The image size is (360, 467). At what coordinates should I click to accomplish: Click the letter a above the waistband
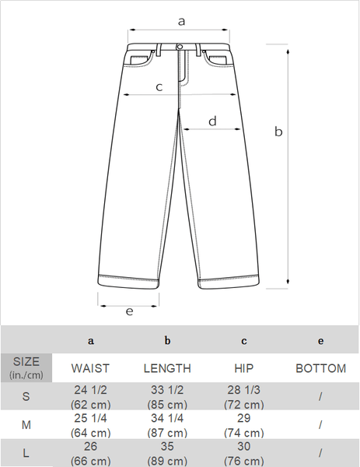click(181, 22)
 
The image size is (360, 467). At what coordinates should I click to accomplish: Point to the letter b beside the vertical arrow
click(278, 132)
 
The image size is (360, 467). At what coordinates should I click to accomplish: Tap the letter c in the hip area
click(159, 87)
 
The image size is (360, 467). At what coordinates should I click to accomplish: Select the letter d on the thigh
click(212, 121)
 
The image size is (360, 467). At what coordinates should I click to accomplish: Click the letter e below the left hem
click(129, 311)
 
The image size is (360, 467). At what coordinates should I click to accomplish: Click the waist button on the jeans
click(180, 47)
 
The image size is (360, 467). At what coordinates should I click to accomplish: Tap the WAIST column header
click(90, 368)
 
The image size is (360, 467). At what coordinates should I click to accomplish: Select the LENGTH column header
click(167, 368)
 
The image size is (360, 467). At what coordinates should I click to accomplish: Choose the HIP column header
click(244, 368)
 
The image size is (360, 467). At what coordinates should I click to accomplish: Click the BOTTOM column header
click(320, 368)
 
